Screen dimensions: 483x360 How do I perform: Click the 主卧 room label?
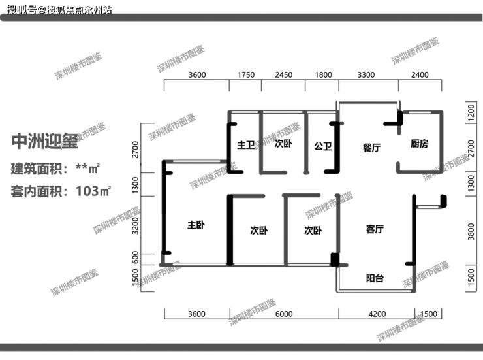196,225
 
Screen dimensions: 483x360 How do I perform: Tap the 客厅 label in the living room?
375,229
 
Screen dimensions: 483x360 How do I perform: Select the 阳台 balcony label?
375,278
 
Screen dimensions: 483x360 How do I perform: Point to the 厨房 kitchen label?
419,144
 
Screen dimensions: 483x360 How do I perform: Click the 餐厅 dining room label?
371,148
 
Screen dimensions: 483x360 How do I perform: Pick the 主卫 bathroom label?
246,145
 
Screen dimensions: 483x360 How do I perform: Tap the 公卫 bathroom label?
323,146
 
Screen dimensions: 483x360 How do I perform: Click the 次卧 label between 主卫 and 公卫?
283,143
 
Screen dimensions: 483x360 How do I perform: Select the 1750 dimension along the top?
246,75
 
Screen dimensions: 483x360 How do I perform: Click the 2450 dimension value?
283,75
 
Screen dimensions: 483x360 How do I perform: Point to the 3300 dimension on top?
366,75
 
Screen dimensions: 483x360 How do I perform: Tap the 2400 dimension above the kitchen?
420,75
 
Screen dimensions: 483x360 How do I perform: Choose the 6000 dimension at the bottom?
284,314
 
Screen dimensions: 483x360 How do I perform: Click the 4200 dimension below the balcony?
377,314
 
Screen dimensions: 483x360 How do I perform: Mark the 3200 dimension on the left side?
135,225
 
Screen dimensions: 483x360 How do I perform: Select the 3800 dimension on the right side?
471,232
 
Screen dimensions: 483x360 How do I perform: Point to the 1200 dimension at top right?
471,112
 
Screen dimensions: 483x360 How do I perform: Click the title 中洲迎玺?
44,142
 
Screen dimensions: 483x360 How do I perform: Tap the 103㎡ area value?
93,191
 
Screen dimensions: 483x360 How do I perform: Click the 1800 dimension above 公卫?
323,75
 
